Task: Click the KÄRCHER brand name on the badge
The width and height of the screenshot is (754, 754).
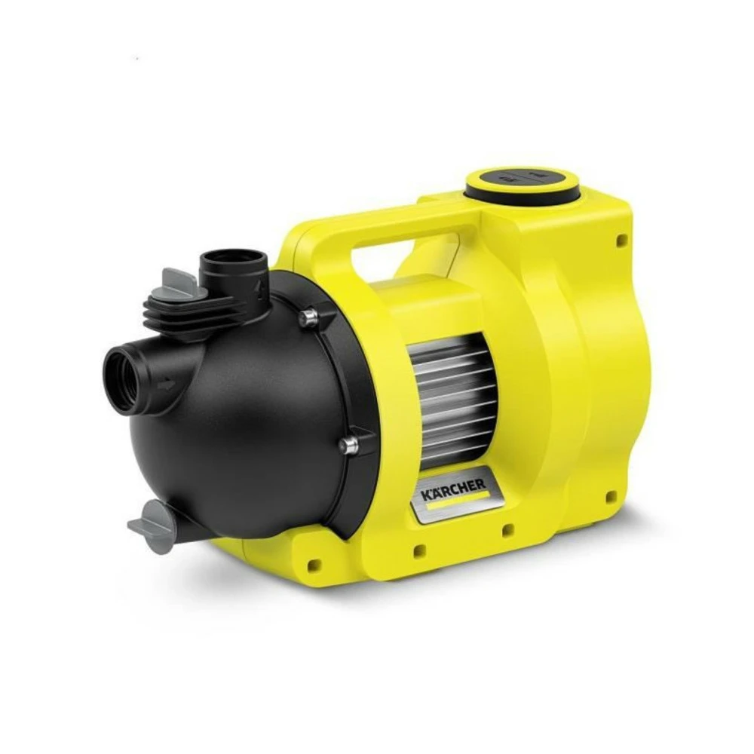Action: (454, 492)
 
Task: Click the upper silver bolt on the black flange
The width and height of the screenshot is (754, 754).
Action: (307, 318)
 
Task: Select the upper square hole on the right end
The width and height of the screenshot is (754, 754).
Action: (622, 241)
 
